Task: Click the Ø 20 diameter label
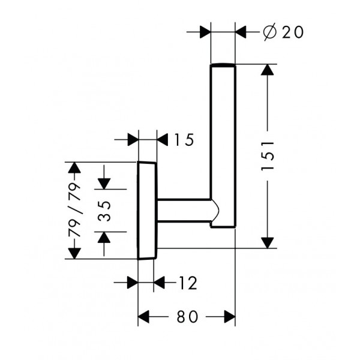[x=284, y=32]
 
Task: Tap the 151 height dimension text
[x=268, y=156]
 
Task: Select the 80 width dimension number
[x=187, y=317]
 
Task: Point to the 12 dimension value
[x=188, y=283]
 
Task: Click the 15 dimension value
[x=184, y=140]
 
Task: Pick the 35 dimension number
[x=104, y=211]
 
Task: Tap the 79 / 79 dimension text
[x=74, y=209]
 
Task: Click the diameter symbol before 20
[x=269, y=32]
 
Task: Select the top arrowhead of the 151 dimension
[x=268, y=70]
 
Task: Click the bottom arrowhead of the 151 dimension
[x=268, y=243]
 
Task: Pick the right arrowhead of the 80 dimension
[x=230, y=317]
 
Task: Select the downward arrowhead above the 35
[x=104, y=184]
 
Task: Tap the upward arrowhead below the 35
[x=104, y=238]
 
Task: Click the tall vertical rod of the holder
[x=223, y=145]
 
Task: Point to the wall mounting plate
[x=147, y=211]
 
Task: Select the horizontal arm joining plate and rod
[x=184, y=211]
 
